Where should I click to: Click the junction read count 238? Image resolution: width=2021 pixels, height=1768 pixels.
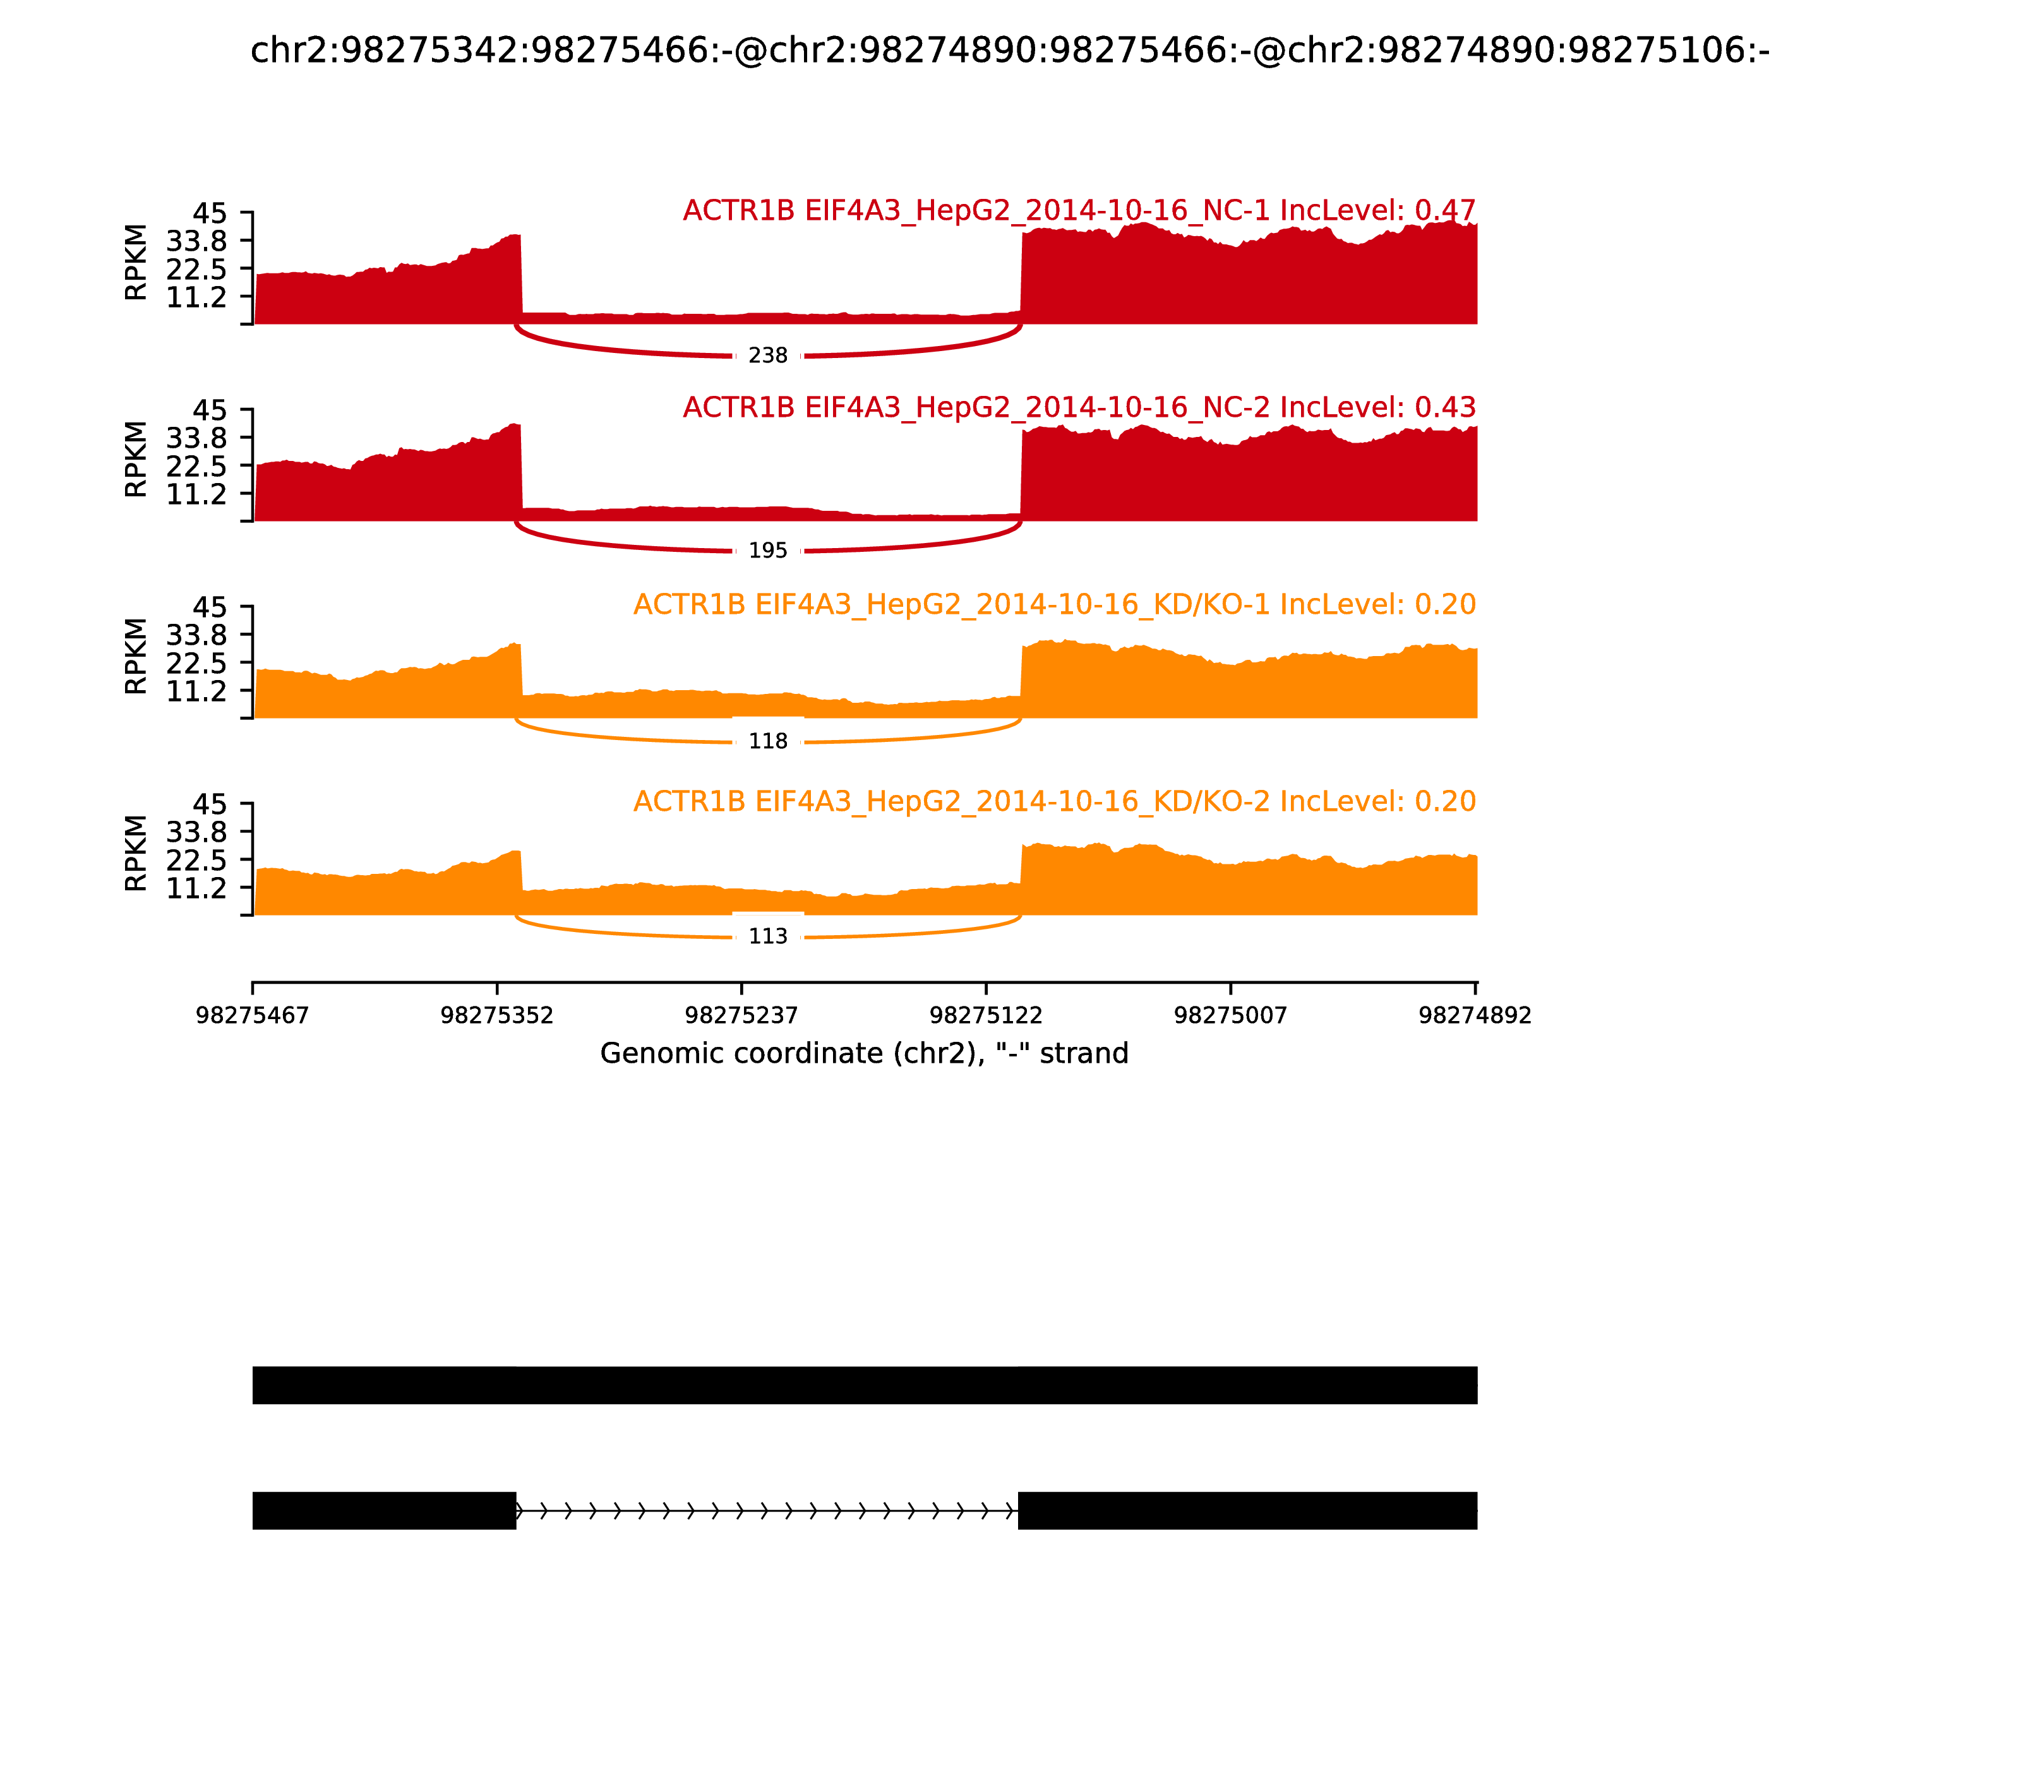coord(768,355)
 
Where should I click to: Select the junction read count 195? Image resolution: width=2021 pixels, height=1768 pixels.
coord(768,551)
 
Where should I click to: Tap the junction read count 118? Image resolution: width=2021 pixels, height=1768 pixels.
coord(768,741)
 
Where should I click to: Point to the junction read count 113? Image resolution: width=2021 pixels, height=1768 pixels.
coord(768,936)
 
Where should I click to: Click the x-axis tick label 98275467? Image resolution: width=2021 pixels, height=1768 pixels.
coord(253,1015)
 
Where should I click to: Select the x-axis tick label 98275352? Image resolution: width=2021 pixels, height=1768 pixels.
coord(496,1015)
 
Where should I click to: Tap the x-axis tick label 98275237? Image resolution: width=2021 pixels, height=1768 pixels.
coord(741,1015)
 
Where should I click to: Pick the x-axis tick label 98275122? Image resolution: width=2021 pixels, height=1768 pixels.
coord(986,1015)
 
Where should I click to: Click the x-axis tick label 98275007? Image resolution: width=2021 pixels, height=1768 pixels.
coord(1230,1015)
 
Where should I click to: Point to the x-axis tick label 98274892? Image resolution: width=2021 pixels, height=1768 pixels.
coord(1474,1015)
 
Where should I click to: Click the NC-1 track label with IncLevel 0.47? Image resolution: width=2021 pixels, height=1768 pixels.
coord(1079,210)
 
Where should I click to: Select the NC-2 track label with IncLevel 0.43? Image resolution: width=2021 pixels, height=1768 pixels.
coord(1079,407)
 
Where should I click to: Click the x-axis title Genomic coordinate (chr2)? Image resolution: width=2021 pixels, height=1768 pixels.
coord(863,1054)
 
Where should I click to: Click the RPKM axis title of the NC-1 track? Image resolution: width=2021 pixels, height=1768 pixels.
coord(136,263)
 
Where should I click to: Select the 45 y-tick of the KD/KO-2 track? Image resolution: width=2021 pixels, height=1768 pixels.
coord(209,804)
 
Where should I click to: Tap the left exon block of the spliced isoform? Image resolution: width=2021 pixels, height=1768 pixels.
coord(384,1510)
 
